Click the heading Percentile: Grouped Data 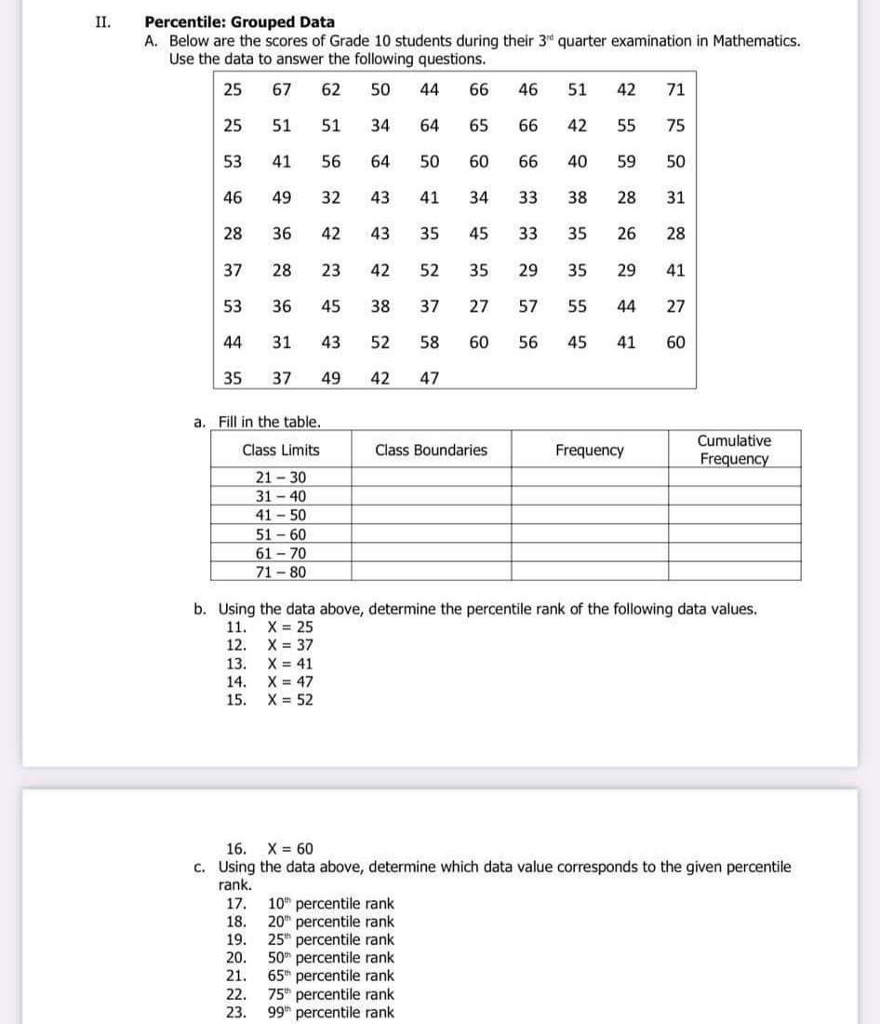(239, 21)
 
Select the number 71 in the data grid (676, 89)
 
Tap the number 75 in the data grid (676, 126)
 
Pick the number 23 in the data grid (330, 271)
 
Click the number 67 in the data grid (282, 89)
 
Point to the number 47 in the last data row (429, 378)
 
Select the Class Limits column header (280, 450)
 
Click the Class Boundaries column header (431, 450)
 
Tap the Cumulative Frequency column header (734, 450)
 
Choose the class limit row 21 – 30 (280, 478)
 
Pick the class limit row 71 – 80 (280, 573)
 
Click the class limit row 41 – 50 (280, 515)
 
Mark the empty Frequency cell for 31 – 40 (589, 496)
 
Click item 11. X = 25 (271, 627)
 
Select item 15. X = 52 (271, 699)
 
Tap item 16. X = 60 (271, 848)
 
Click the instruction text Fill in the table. (269, 422)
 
